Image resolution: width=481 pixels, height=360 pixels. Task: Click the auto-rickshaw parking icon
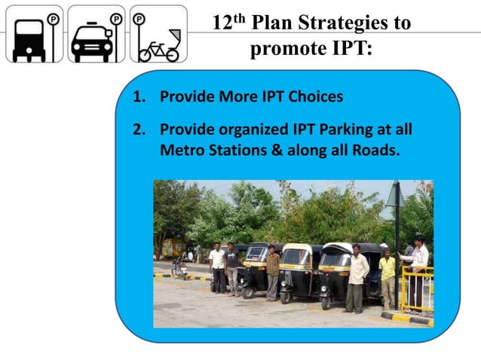pyautogui.click(x=34, y=34)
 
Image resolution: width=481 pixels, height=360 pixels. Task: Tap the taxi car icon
pyautogui.click(x=96, y=34)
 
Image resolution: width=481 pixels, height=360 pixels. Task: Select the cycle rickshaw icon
pyautogui.click(x=158, y=34)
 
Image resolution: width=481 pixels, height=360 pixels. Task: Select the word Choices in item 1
pyautogui.click(x=309, y=97)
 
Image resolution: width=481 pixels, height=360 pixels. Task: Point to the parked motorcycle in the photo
pyautogui.click(x=179, y=267)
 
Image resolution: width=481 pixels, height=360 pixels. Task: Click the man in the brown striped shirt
pyautogui.click(x=272, y=271)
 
